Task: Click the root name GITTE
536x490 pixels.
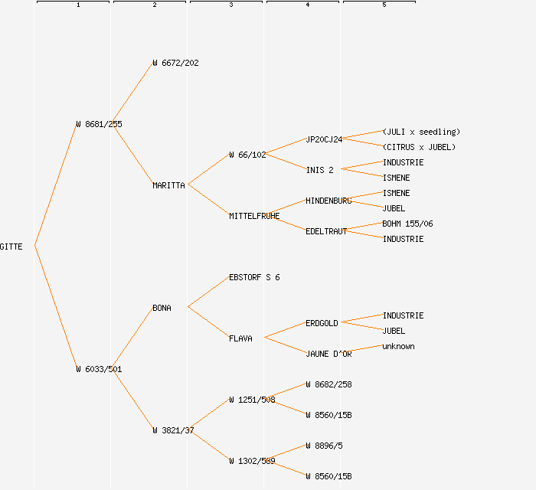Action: (x=11, y=247)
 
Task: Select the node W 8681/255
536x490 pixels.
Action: (x=99, y=124)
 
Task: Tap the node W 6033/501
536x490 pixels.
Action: (x=99, y=369)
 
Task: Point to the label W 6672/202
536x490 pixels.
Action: (x=175, y=63)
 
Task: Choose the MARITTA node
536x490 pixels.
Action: (x=168, y=185)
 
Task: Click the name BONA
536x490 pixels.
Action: (x=162, y=308)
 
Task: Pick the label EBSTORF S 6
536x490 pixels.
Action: (x=254, y=277)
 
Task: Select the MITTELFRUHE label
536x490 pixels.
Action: (x=254, y=216)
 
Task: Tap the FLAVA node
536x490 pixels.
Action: (x=240, y=338)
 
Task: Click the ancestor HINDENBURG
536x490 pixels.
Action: (x=328, y=201)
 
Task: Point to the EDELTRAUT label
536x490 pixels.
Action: (x=326, y=231)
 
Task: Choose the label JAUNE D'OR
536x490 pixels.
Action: (x=328, y=354)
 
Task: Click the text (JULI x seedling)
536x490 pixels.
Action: (x=421, y=132)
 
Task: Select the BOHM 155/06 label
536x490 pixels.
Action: (x=407, y=224)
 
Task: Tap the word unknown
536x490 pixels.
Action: (x=398, y=346)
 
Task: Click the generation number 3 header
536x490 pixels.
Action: (x=230, y=5)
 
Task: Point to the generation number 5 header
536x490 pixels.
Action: (x=384, y=5)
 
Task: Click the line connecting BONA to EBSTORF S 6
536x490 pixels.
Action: (x=208, y=292)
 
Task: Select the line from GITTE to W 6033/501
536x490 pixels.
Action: (x=55, y=308)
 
